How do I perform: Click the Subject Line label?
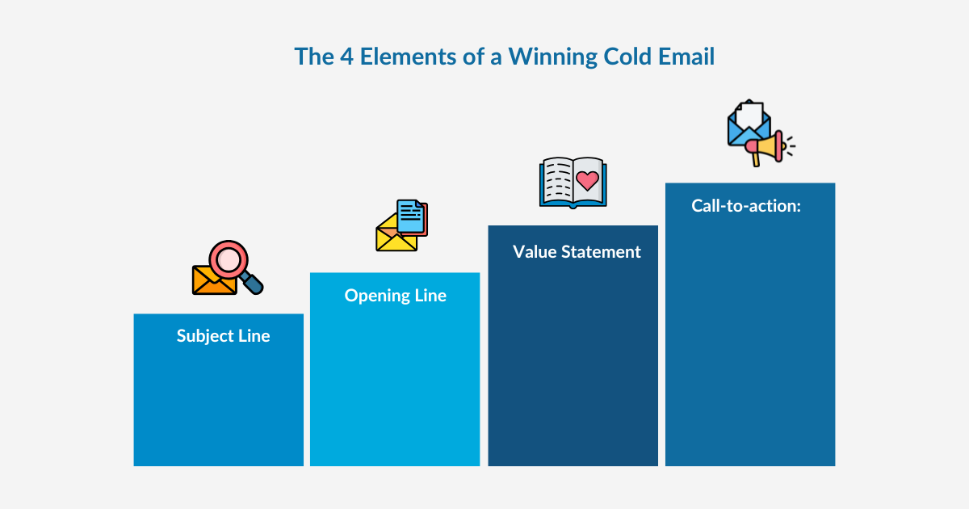pos(223,336)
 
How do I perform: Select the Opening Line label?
pos(395,296)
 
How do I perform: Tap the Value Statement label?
pos(577,252)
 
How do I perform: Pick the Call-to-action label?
pos(745,206)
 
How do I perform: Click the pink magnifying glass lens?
pos(228,259)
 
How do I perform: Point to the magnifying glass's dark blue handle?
pos(253,283)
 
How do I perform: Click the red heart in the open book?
pos(589,180)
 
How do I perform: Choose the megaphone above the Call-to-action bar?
pos(765,146)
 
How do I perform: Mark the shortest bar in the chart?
pos(218,404)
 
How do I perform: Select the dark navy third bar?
pos(573,364)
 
